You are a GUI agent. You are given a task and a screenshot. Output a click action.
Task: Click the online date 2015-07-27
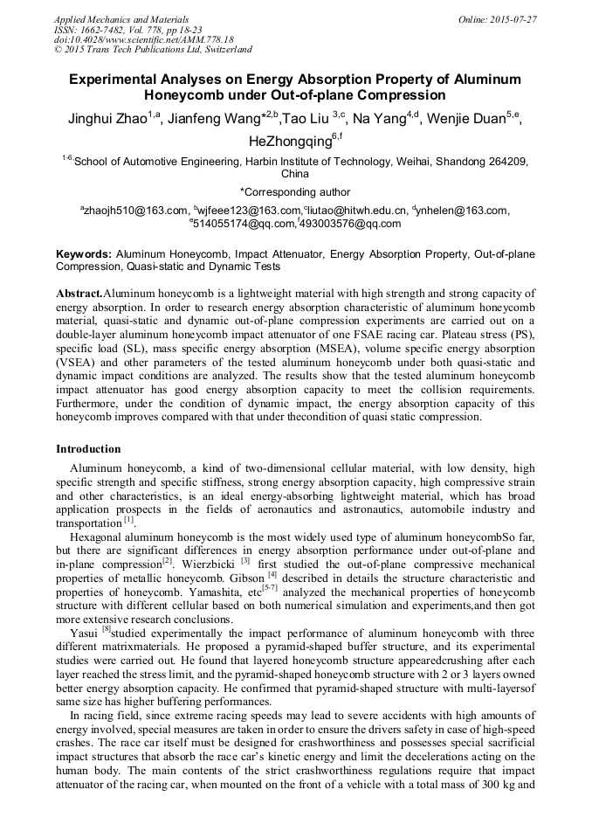pos(514,18)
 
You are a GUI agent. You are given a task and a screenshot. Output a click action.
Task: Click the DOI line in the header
pos(143,40)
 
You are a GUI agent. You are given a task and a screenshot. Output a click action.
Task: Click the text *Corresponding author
pos(294,192)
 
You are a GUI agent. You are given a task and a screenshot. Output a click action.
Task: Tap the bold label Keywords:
pos(84,254)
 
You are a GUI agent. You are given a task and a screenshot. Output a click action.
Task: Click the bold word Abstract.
pos(79,294)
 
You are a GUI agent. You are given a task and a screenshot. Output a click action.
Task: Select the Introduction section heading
pos(88,449)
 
